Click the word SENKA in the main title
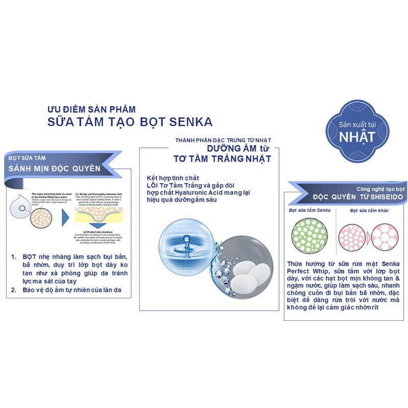click(191, 122)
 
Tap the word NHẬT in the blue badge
click(358, 136)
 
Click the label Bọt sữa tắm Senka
click(310, 210)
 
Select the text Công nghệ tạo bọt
click(380, 188)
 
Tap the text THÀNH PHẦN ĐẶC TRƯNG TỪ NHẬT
click(223, 139)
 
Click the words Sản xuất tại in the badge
click(358, 125)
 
